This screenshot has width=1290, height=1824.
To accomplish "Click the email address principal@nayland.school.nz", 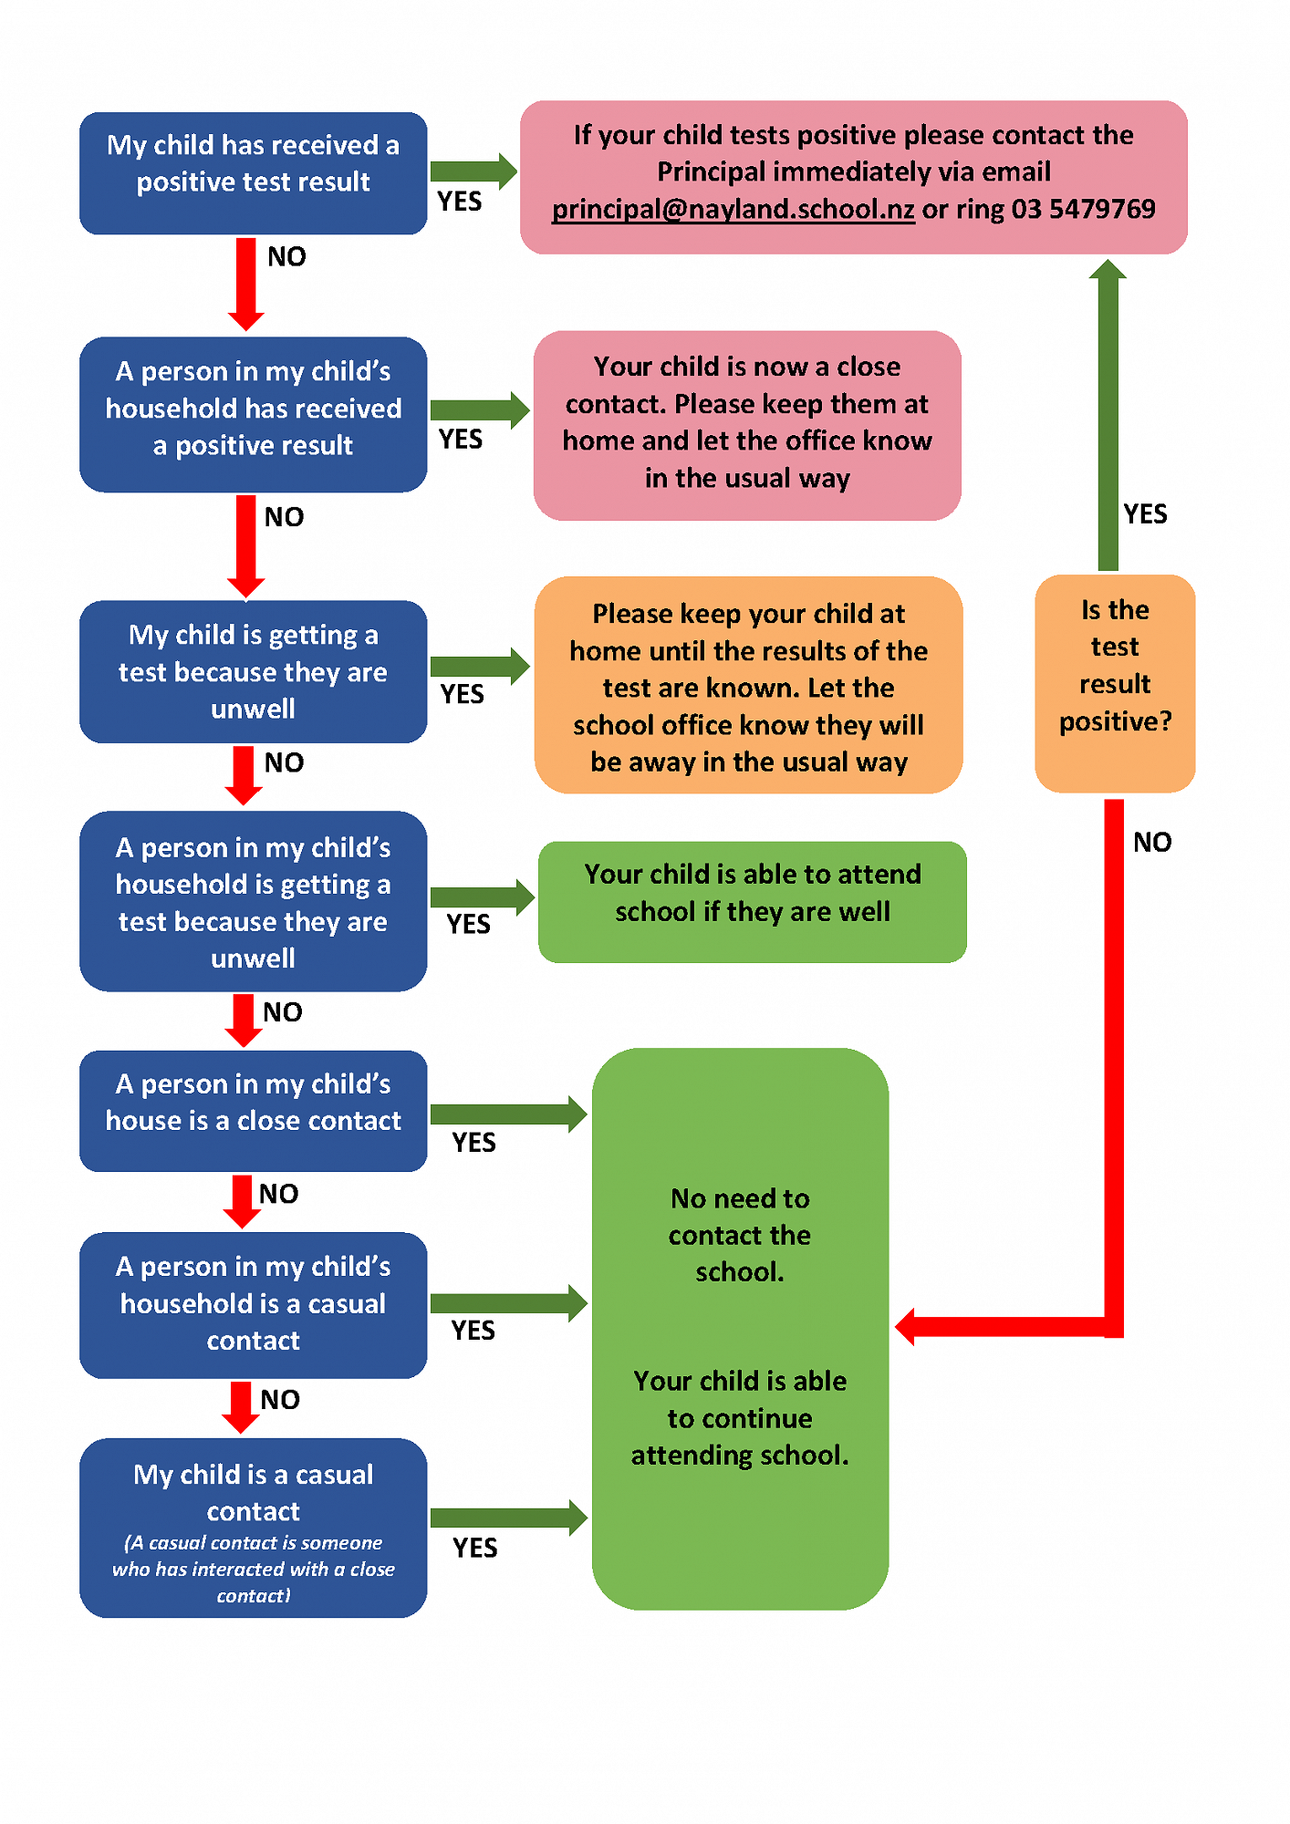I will (x=733, y=210).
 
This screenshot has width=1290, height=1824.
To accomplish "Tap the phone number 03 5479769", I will (x=1083, y=210).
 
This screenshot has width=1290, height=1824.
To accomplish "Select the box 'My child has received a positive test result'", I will (x=253, y=173).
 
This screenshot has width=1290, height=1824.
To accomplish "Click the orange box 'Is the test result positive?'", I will (x=1114, y=683).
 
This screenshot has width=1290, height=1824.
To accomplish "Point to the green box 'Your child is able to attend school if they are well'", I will (x=752, y=901).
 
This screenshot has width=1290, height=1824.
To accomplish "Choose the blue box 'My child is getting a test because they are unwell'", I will (x=253, y=671).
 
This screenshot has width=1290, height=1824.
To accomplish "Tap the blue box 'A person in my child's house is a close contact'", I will (x=253, y=1110).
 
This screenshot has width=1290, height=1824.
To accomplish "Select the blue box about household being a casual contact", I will (x=253, y=1304).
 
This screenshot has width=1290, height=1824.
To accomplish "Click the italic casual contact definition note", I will (x=253, y=1569).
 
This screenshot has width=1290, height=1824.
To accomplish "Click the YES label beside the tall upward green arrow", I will (x=1145, y=514).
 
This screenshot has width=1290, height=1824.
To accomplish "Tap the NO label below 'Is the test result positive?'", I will (x=1152, y=842).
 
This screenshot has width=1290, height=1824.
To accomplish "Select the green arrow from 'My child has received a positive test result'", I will (x=473, y=171).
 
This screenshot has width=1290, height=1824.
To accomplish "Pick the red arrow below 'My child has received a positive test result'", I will (x=245, y=283).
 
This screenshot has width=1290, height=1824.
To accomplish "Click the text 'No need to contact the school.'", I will (x=739, y=1235).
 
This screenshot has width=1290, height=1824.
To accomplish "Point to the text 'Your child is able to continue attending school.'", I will (x=739, y=1418).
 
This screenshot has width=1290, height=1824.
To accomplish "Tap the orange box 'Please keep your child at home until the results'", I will (x=748, y=686).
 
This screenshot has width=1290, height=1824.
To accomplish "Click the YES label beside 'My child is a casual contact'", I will (x=475, y=1548).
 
